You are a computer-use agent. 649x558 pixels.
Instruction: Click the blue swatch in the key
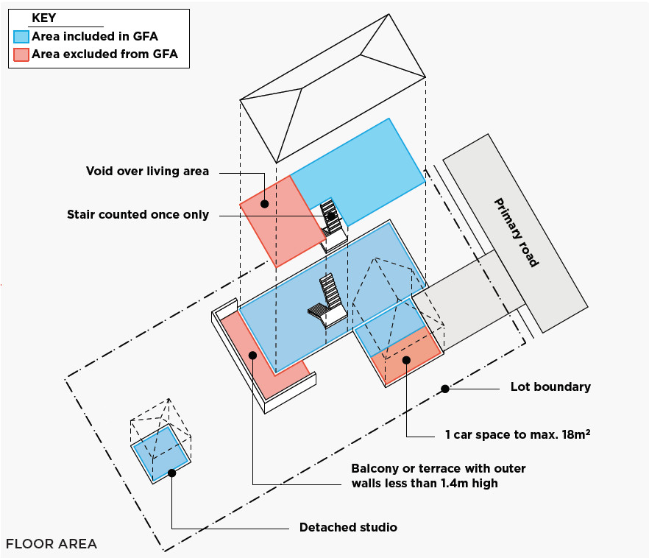(21, 36)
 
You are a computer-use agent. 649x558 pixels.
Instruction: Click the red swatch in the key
(21, 54)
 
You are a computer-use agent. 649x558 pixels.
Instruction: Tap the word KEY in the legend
(44, 18)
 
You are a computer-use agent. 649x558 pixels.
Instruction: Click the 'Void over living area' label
(147, 172)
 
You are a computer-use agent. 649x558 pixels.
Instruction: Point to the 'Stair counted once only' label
(138, 215)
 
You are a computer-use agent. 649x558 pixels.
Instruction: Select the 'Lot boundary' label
(550, 386)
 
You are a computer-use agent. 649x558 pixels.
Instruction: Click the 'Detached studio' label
(348, 528)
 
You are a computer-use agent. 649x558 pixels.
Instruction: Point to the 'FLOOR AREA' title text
(52, 544)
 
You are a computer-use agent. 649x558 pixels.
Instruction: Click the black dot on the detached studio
(171, 473)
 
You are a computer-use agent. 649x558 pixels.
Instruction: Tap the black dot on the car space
(405, 359)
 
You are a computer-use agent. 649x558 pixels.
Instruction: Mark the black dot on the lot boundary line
(444, 388)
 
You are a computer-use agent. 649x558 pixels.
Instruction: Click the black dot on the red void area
(264, 201)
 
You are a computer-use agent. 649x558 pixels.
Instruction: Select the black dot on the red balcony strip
(252, 355)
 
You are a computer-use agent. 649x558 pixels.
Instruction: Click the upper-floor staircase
(331, 217)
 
